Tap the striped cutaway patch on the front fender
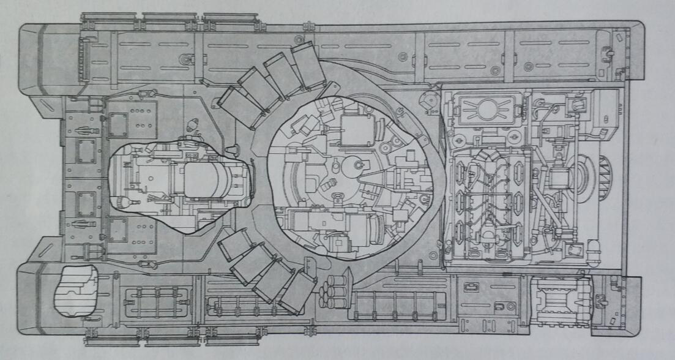click(x=75, y=292)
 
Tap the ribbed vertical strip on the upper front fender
click(x=84, y=58)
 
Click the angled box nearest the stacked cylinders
click(x=297, y=293)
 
